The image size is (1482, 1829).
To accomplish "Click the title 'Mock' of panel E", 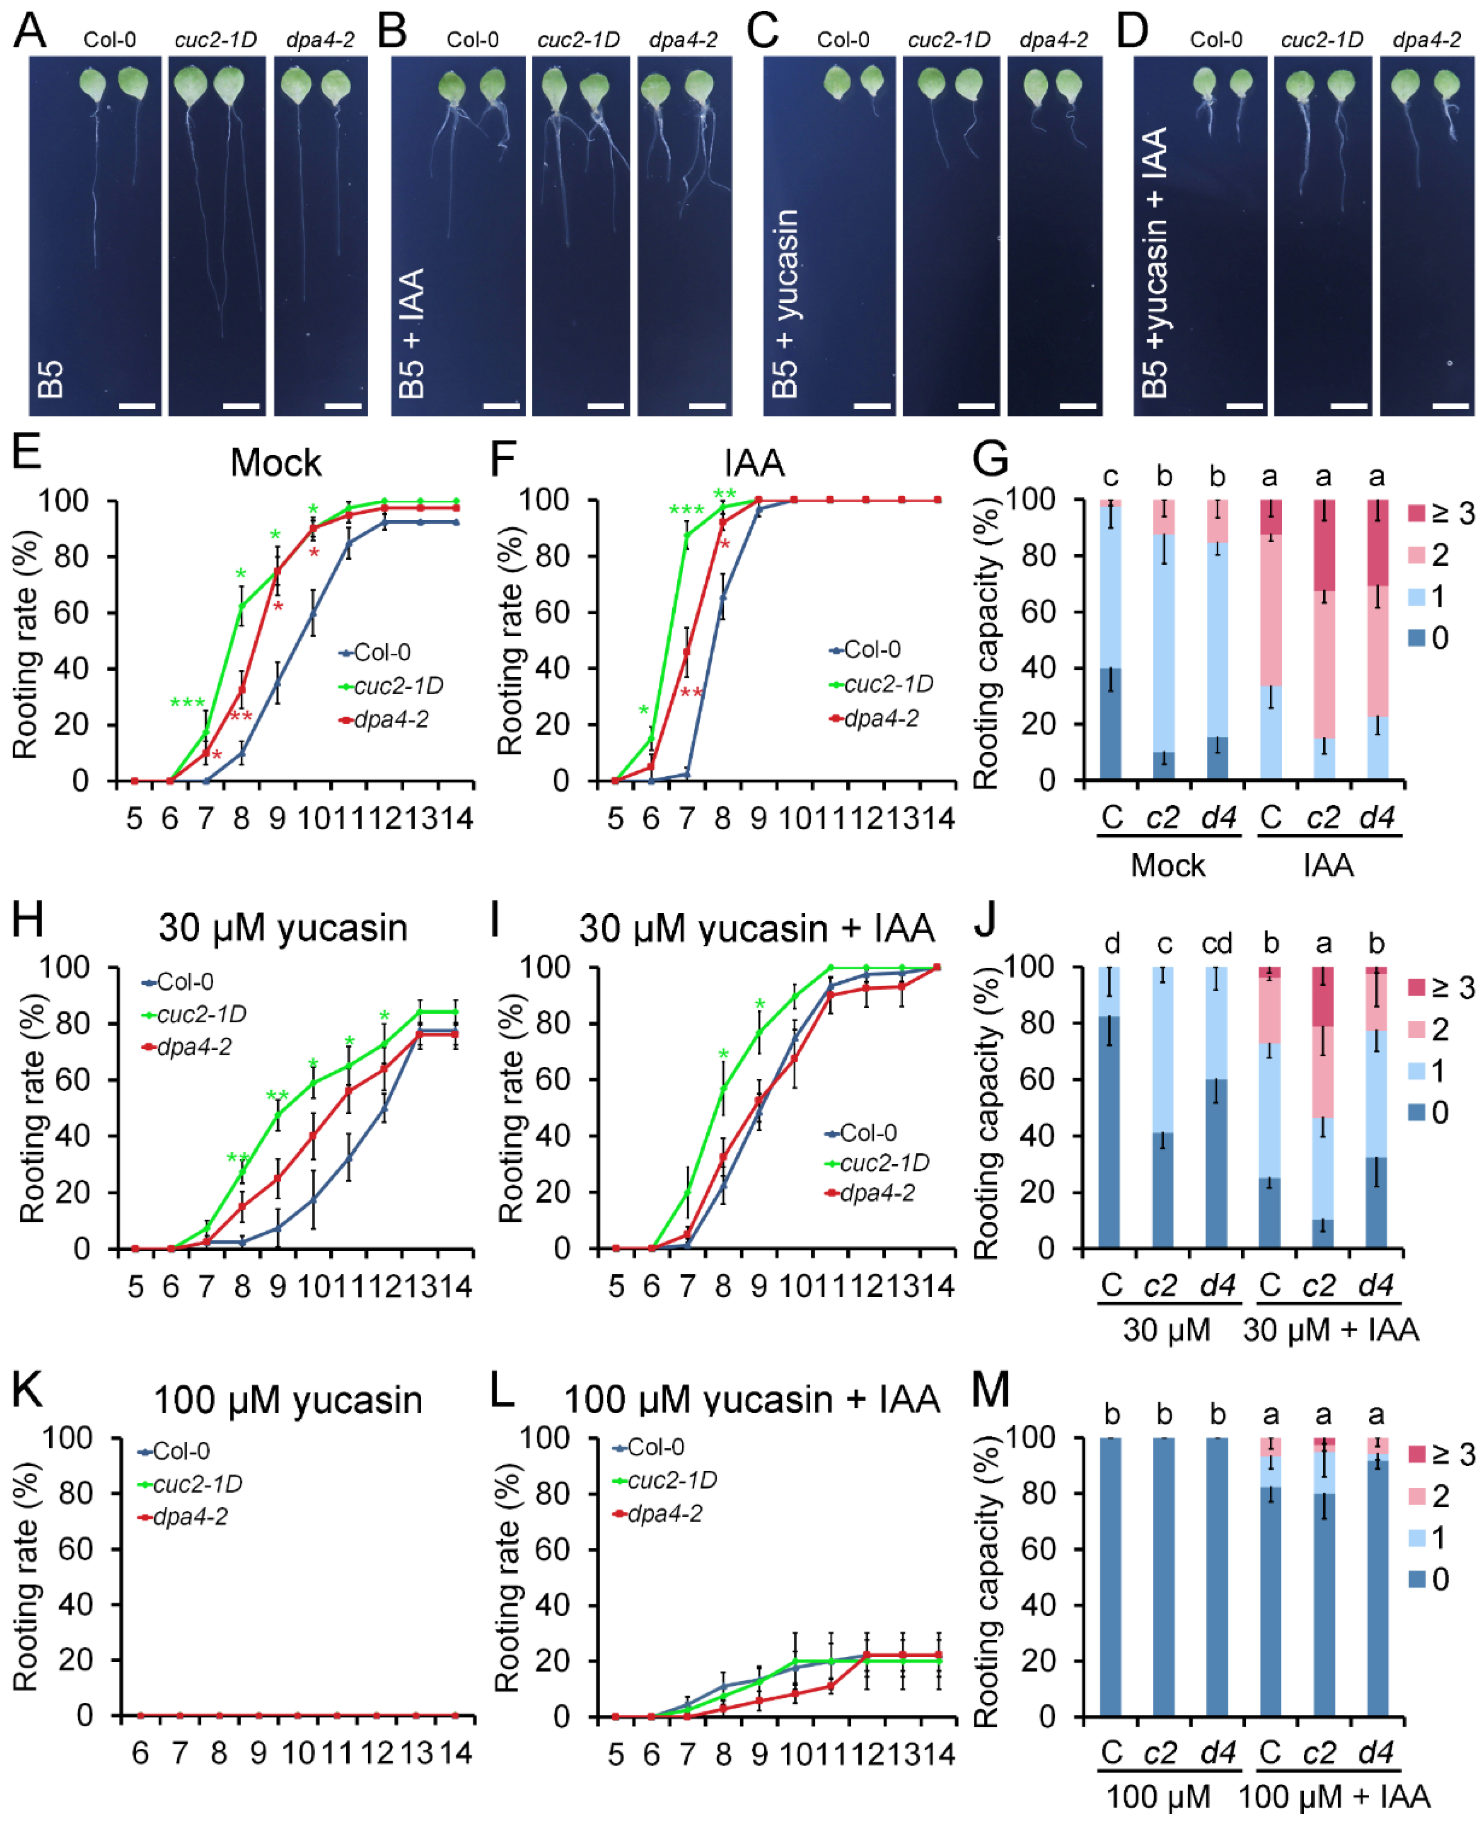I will (276, 463).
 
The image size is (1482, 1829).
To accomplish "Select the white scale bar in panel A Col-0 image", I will (137, 406).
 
